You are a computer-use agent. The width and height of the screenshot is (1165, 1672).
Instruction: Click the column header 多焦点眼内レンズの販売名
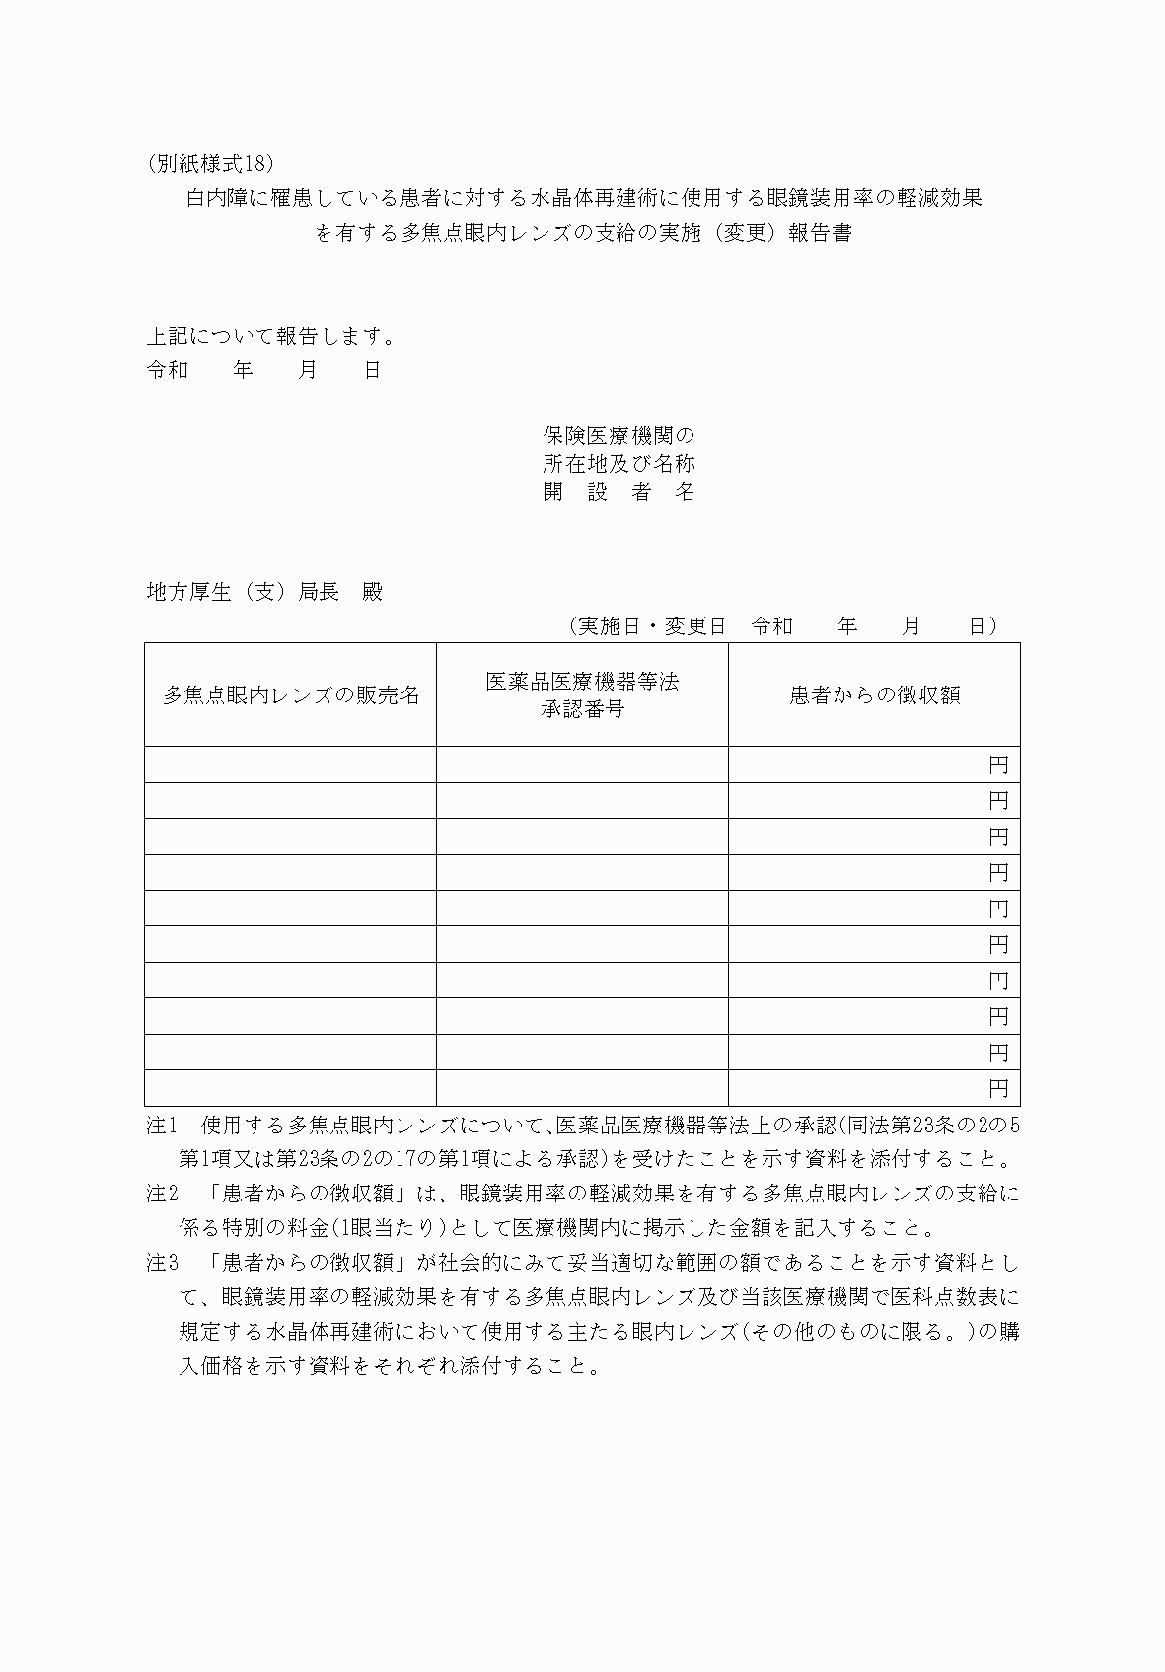coord(291,695)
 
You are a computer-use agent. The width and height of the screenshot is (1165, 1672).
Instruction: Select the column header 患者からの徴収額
coord(874,695)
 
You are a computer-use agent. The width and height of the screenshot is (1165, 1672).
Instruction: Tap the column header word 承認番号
coord(582,709)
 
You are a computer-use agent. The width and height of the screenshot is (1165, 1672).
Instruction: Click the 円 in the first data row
coord(998,765)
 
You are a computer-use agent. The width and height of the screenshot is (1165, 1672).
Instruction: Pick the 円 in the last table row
coord(998,1089)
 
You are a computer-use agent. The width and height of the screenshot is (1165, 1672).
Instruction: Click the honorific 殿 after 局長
coord(371,592)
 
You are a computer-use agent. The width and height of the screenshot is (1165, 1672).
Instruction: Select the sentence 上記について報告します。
coord(271,336)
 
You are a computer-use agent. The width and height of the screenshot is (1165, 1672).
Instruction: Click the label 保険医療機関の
coord(619,435)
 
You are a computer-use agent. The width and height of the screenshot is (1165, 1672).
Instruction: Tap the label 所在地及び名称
coord(619,464)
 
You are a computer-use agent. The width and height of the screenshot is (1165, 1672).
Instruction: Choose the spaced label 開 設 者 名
coord(619,492)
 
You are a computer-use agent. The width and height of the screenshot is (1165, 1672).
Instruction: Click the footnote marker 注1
coord(162,1126)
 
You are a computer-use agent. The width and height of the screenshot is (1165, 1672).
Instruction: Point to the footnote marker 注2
coord(162,1195)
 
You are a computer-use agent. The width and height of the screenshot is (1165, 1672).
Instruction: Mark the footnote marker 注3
coord(162,1263)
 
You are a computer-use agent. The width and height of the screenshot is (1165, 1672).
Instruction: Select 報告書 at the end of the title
coord(820,234)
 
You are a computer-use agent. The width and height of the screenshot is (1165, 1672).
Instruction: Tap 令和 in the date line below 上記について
coord(167,371)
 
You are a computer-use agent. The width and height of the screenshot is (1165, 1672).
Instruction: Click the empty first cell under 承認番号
coord(582,765)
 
